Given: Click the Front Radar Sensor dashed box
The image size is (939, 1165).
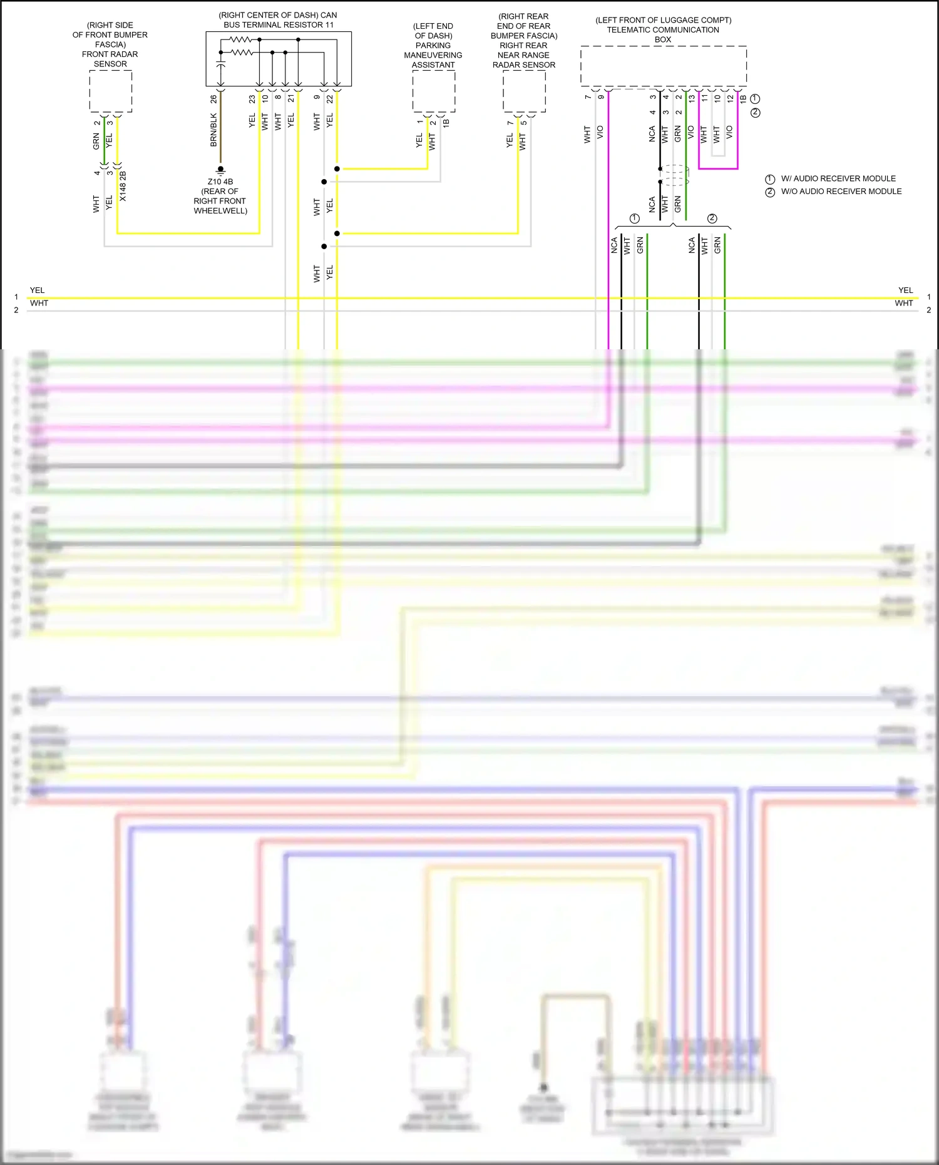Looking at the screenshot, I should click(110, 91).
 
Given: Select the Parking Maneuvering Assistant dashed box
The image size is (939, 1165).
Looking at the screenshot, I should click(433, 91).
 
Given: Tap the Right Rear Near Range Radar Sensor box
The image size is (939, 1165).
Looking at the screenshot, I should click(524, 91).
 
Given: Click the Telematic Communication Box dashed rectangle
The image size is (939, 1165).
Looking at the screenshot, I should click(663, 65).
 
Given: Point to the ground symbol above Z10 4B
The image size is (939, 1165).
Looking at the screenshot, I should click(220, 170).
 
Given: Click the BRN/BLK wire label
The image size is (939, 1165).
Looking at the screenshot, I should click(213, 130).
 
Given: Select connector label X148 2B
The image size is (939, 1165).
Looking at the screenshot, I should click(123, 186).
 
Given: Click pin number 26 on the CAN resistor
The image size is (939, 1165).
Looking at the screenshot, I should click(214, 99).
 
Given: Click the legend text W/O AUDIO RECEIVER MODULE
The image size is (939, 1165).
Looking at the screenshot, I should click(841, 192).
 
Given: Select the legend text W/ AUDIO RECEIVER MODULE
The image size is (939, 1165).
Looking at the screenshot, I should click(838, 178).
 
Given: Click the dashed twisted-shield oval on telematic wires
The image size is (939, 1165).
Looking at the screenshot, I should click(675, 175).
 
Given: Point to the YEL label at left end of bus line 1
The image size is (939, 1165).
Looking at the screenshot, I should click(38, 290).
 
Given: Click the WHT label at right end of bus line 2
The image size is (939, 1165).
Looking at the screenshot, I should click(903, 304).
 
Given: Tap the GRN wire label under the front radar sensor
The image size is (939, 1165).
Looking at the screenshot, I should click(96, 141).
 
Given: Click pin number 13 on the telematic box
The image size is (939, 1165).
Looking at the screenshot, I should click(692, 98).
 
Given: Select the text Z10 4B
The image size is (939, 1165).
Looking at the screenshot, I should click(220, 182).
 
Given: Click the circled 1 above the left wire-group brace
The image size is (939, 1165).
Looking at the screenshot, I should click(634, 218).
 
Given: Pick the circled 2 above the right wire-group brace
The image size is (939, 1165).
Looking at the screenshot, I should click(712, 218).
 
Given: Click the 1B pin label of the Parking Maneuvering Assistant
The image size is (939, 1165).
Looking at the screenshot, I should click(446, 123).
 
